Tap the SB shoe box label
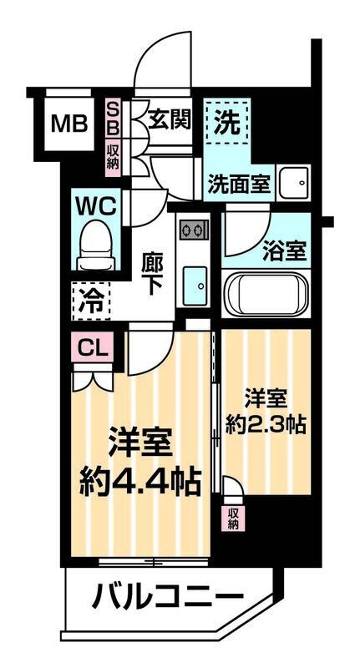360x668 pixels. pyautogui.click(x=113, y=119)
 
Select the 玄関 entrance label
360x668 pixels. pyautogui.click(x=169, y=119)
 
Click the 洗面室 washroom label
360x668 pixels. pyautogui.click(x=239, y=184)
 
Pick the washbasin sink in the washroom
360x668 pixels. pyautogui.click(x=293, y=182)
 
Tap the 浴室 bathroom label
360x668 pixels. pyautogui.click(x=285, y=249)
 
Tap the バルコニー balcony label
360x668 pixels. pyautogui.click(x=167, y=597)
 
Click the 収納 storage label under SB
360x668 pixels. pyautogui.click(x=113, y=159)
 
